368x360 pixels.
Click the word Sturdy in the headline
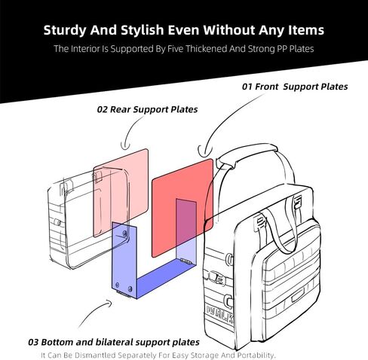(66, 30)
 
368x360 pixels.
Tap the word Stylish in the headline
(143, 30)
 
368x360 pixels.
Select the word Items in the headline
(306, 29)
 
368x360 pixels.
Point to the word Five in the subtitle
(176, 48)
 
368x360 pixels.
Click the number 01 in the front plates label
(247, 87)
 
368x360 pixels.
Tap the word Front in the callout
(266, 87)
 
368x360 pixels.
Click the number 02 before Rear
(103, 109)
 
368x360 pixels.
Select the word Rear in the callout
(120, 109)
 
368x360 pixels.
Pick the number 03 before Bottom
(33, 342)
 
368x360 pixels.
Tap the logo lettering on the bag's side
(219, 315)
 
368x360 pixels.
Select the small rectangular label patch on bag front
(298, 295)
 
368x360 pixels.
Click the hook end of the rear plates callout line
(125, 146)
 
